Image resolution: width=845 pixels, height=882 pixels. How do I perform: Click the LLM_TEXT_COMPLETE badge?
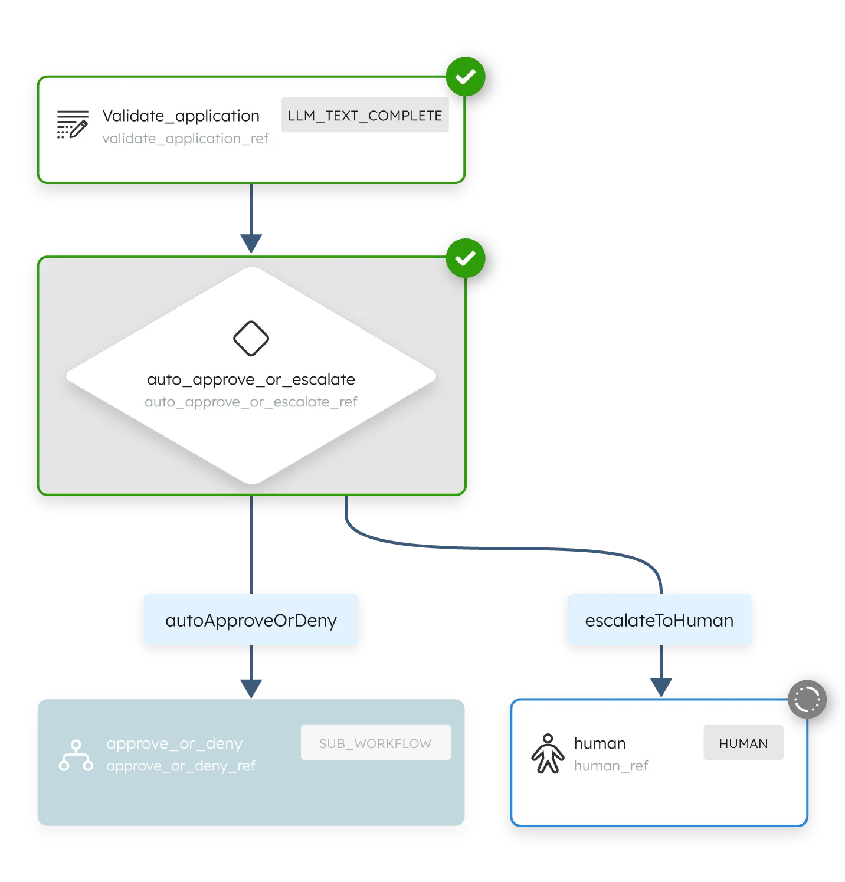point(365,115)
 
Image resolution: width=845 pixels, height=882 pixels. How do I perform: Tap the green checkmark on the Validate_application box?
point(466,77)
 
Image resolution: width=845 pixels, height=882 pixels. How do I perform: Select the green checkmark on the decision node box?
point(466,258)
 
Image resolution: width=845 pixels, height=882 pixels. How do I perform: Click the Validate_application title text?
point(181,116)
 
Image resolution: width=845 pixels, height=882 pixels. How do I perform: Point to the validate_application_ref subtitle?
point(185,139)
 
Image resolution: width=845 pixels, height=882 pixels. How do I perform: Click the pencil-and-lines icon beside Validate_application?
point(73,124)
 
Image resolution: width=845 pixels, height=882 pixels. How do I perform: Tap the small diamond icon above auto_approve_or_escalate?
point(251,339)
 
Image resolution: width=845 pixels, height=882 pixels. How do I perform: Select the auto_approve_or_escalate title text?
point(251,379)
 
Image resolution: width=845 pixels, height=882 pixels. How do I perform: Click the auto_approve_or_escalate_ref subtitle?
point(251,402)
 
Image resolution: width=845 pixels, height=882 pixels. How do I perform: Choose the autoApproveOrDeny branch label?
point(251,620)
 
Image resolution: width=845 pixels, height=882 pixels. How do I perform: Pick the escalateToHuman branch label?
point(660,620)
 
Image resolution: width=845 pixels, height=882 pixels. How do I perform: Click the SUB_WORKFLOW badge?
point(376,743)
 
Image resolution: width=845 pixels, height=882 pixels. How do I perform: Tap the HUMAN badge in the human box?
point(744,743)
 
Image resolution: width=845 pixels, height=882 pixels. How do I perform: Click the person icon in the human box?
point(548,753)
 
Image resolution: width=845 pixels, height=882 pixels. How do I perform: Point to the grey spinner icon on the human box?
point(807,700)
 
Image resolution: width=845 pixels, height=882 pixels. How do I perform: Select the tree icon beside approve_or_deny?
point(76,756)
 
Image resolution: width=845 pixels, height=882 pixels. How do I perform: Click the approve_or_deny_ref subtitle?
point(181,766)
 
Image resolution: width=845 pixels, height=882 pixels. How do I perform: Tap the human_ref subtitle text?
point(611,766)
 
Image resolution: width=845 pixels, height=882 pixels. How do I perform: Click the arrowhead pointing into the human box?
point(661,687)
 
